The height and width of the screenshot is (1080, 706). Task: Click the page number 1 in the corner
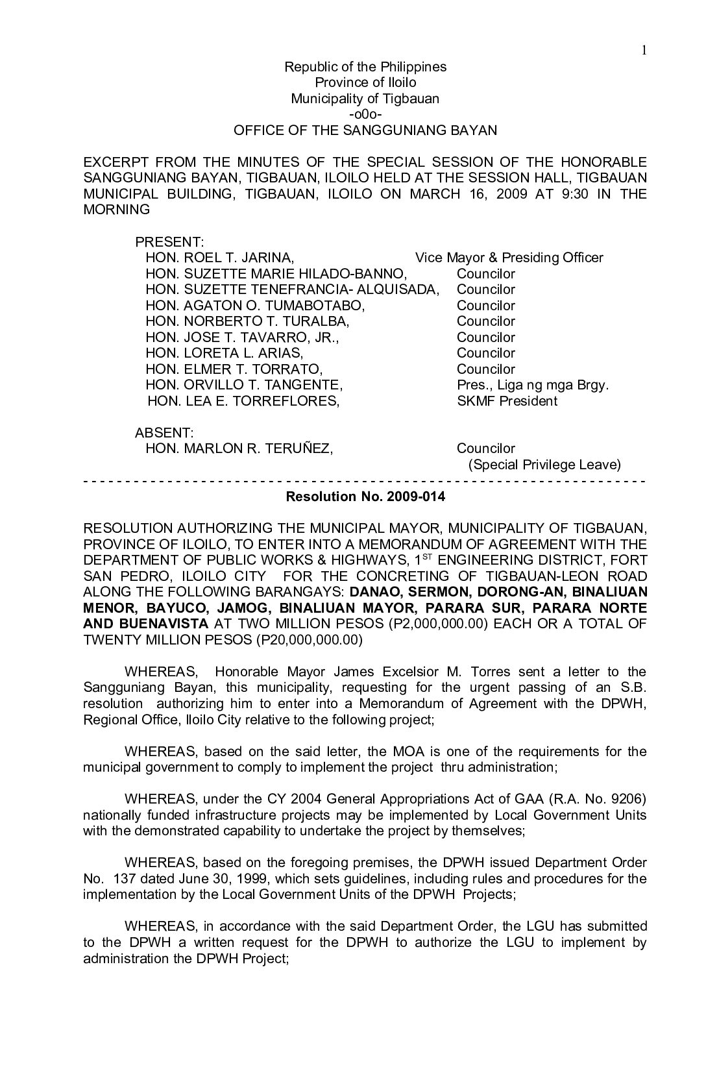click(644, 51)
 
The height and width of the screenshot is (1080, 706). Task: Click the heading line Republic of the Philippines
click(365, 67)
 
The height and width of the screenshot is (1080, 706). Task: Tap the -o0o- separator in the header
click(365, 114)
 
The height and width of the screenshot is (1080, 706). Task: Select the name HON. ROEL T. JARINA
click(220, 258)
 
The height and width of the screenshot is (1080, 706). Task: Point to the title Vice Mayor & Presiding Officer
click(509, 258)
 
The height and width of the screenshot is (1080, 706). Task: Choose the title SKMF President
click(507, 401)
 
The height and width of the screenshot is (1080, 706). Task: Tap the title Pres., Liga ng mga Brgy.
click(533, 385)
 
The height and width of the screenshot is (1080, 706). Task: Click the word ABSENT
click(164, 433)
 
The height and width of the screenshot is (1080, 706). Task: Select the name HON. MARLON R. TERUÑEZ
click(239, 448)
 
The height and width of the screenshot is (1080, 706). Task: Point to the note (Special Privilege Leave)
click(544, 465)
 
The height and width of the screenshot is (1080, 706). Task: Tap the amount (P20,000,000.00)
click(310, 639)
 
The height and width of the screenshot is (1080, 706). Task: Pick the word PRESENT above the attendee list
click(169, 242)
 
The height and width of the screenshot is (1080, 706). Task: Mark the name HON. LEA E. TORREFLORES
click(243, 401)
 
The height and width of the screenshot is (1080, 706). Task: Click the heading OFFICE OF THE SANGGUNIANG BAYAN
click(365, 130)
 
